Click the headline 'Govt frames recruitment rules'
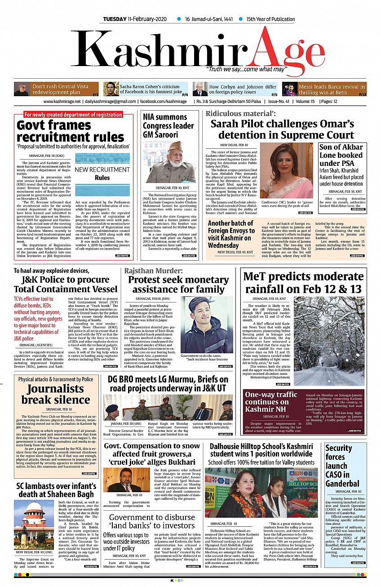[x=71, y=130]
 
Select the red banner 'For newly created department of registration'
[x=73, y=115]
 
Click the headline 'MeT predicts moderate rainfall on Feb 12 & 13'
[x=303, y=282]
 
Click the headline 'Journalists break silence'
[x=56, y=394]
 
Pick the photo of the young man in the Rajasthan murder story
[x=207, y=325]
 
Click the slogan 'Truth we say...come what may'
[x=246, y=69]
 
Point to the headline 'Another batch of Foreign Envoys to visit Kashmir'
[x=231, y=234]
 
